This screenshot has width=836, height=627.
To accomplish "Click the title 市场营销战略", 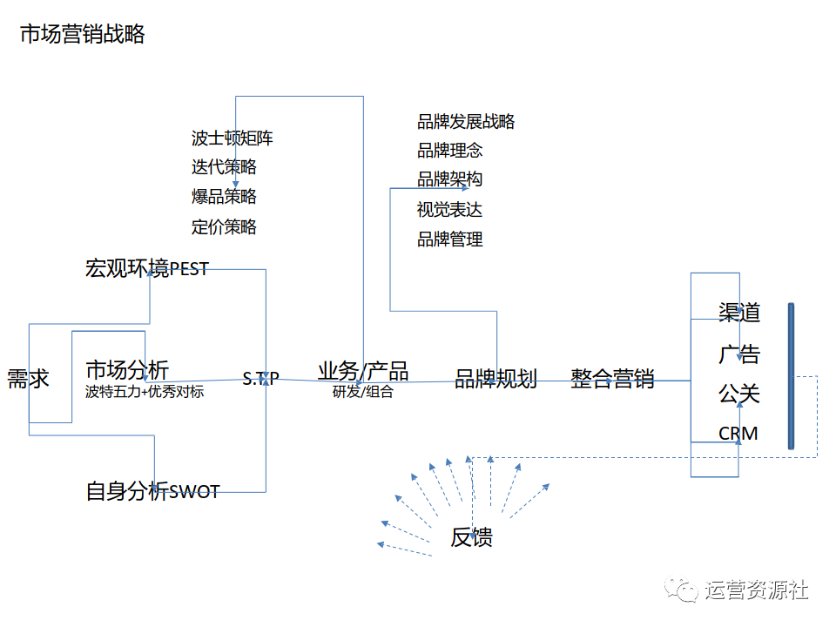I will [x=83, y=35].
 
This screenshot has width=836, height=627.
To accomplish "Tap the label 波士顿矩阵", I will [x=233, y=138].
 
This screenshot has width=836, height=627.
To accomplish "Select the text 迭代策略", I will [x=224, y=166].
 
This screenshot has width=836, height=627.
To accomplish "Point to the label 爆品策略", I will [x=224, y=196].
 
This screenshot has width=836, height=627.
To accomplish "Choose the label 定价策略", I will [x=224, y=226].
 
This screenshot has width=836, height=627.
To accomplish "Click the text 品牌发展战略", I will [x=466, y=121].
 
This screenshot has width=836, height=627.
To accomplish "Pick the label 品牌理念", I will [x=449, y=150].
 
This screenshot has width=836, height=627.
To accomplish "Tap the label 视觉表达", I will [x=449, y=209].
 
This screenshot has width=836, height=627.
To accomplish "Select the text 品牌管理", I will [x=449, y=239].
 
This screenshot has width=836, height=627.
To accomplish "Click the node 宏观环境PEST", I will [x=147, y=268].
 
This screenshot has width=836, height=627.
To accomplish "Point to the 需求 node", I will [x=28, y=379].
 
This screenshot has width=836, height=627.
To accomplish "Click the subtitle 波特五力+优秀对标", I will [x=145, y=392].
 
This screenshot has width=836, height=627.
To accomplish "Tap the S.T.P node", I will [x=260, y=379].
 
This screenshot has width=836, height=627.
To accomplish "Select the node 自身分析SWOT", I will [x=152, y=491].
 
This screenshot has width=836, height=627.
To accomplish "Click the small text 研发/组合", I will [x=363, y=392].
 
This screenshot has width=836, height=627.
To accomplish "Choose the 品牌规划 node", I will [x=496, y=379].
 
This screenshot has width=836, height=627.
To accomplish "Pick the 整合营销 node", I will [x=612, y=379].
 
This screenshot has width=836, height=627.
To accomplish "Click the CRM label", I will [x=738, y=433].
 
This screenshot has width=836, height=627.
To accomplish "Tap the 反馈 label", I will [x=472, y=537].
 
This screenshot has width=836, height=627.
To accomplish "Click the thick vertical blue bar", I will [x=791, y=375].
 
